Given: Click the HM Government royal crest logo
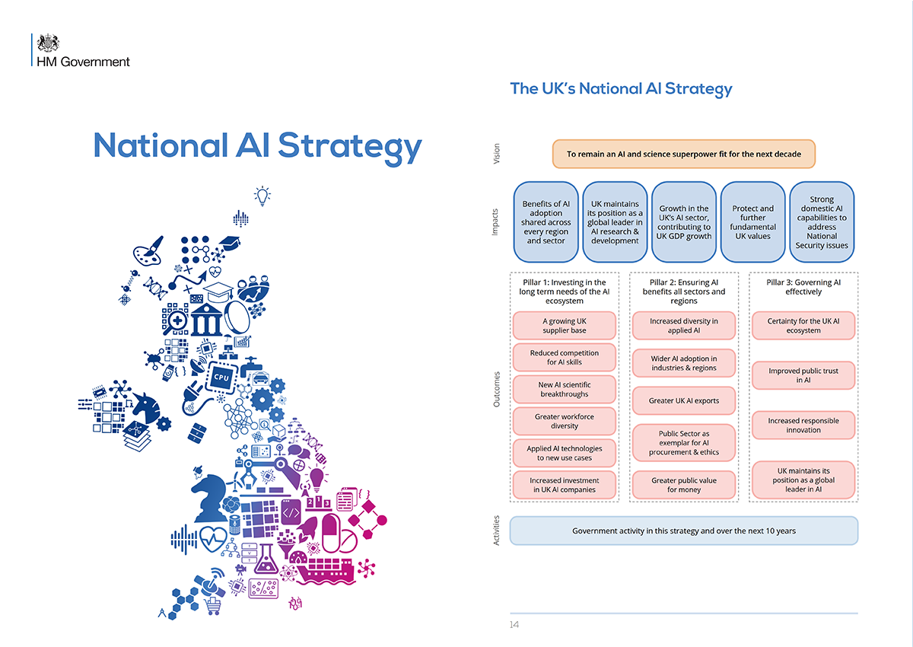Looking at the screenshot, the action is [48, 43].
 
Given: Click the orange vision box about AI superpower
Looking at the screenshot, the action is [683, 154].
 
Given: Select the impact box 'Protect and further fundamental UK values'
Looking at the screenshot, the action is [752, 222].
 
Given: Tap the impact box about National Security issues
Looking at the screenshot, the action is [821, 222].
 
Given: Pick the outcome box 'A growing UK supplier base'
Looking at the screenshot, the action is [564, 325].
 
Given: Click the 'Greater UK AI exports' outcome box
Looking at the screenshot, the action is [683, 400].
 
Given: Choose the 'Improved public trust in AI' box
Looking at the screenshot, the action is [803, 375].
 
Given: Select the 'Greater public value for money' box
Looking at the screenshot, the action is [683, 485].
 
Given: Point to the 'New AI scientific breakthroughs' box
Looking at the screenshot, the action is [564, 389].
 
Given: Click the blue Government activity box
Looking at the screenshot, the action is [683, 531].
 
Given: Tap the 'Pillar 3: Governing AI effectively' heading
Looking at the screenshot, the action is [803, 287].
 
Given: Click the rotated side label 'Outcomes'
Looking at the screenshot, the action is [496, 389].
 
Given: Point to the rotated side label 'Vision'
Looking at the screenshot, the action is [496, 154].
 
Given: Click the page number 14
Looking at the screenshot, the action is [514, 624].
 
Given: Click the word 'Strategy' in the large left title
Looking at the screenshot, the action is [350, 147].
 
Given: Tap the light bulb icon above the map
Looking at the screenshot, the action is [262, 196].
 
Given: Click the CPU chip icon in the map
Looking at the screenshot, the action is [221, 377].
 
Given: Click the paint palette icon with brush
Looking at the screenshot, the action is [148, 251].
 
